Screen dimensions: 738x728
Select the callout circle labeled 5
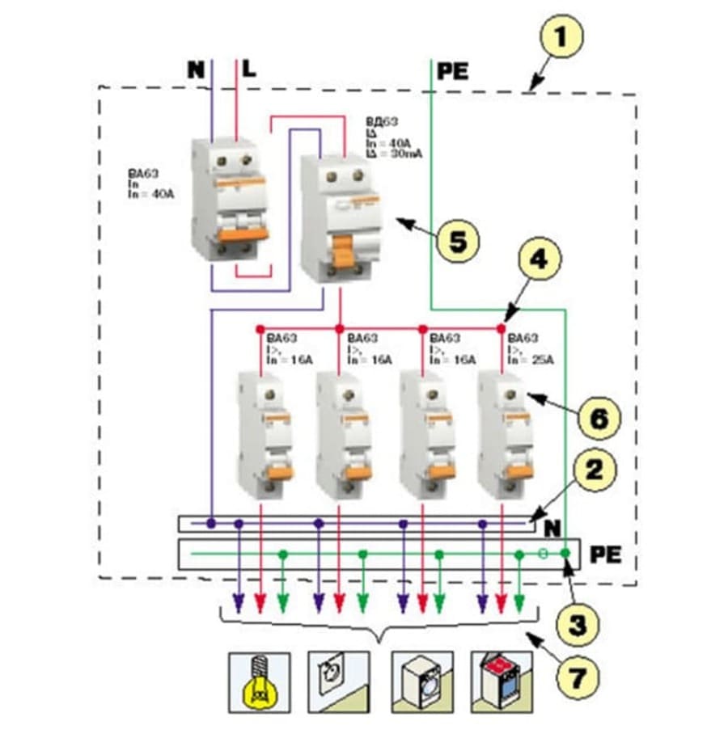pos(458,242)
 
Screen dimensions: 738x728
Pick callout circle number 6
pos(599,418)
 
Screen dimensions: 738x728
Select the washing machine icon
pos(419,677)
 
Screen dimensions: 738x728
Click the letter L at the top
pos(249,70)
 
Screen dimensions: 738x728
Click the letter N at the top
pos(197,70)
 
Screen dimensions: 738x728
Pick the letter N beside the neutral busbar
pos(552,529)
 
